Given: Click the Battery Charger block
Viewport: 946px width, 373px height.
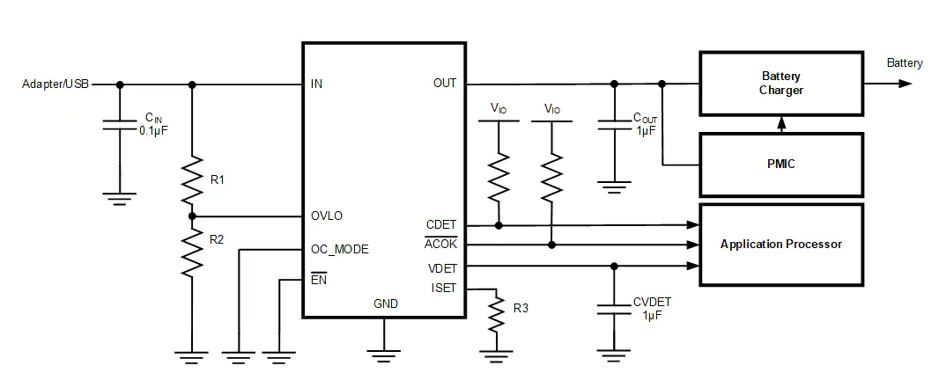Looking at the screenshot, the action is point(781,84).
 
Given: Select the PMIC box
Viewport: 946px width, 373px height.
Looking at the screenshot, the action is point(781,164).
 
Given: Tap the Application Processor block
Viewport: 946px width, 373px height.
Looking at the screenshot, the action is point(781,244).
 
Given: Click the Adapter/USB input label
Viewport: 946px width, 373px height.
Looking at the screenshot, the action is point(55,84).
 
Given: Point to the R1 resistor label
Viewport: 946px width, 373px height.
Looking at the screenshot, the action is point(218,179).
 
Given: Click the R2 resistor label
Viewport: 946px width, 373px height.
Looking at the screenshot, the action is point(218,239).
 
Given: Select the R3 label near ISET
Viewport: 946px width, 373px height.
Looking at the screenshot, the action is point(521,308).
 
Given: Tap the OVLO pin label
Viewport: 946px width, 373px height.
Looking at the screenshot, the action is point(327,216).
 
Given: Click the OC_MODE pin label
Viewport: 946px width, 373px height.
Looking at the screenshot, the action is point(340,250).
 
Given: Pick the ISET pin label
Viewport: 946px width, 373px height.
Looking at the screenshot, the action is point(444,288).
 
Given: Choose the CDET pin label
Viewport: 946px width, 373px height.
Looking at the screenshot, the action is point(441,224).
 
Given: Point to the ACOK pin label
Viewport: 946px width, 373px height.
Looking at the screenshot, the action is point(441,244).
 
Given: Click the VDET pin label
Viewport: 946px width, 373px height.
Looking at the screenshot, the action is point(442,268).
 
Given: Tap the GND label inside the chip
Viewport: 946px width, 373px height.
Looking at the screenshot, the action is point(386,304).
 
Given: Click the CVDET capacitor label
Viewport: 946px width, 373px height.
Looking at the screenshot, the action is point(652,302).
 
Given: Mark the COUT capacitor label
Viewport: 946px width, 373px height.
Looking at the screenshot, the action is point(645,118).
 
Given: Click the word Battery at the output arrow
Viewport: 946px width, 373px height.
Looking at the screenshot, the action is point(905,63).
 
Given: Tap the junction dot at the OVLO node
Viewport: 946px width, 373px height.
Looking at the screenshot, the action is point(192,216).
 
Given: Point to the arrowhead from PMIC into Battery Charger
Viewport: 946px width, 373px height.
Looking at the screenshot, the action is point(781,121).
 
